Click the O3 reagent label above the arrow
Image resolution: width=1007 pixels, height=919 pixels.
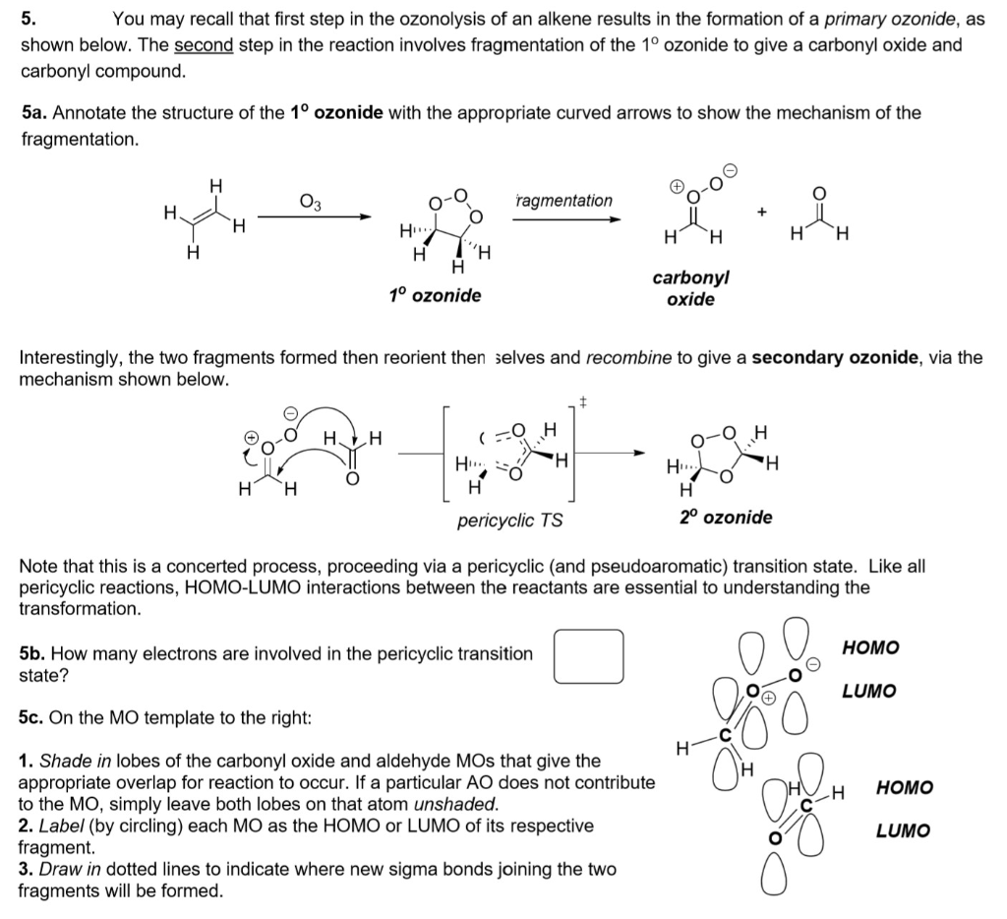(x=309, y=204)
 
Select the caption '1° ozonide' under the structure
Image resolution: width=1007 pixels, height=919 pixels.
(x=436, y=295)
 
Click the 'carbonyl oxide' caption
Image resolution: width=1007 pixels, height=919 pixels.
(x=690, y=288)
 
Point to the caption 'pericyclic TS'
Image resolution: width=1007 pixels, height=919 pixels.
(x=510, y=519)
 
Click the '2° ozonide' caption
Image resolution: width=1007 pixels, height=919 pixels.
(x=726, y=517)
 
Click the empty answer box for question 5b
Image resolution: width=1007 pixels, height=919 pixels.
(x=588, y=656)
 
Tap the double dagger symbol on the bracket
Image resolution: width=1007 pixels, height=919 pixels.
(x=583, y=400)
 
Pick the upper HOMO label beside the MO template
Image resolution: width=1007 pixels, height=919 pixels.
(x=871, y=647)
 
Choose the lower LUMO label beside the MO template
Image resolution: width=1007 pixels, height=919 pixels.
(x=902, y=830)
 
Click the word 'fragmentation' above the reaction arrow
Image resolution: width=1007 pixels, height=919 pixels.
(x=564, y=201)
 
